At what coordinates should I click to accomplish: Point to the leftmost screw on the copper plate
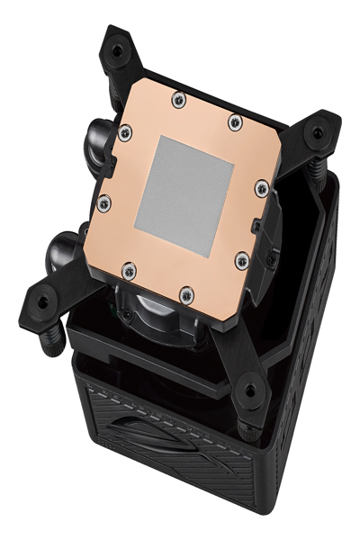coord(103,202)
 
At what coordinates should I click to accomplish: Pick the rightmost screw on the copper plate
coord(261,187)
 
